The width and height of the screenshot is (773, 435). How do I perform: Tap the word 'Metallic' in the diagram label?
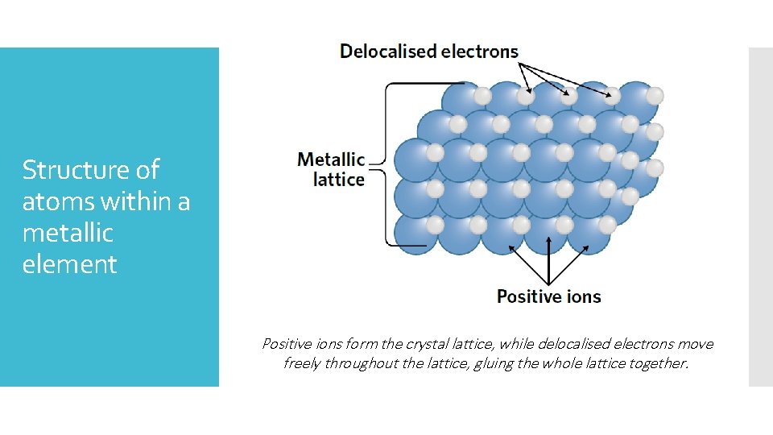(331, 159)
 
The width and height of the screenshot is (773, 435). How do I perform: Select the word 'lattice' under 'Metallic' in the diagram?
(338, 179)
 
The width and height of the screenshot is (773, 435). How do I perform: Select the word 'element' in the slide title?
(70, 264)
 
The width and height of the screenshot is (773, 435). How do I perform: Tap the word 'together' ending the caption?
(658, 363)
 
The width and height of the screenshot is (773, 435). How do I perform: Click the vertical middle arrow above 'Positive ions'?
(548, 258)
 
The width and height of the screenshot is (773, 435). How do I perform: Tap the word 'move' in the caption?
(697, 344)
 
